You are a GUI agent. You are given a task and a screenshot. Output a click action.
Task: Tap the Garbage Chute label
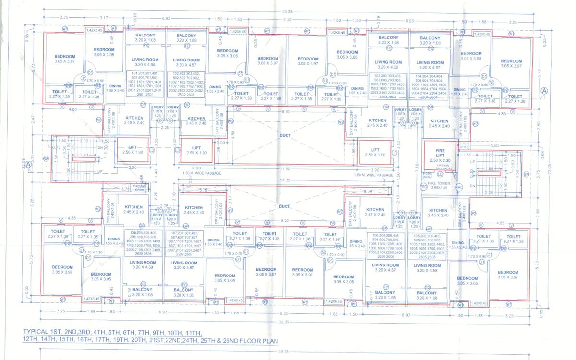click(125, 189)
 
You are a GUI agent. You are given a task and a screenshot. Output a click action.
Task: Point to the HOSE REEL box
click(427, 175)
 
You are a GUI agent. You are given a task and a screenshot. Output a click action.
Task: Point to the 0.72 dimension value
click(55, 147)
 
